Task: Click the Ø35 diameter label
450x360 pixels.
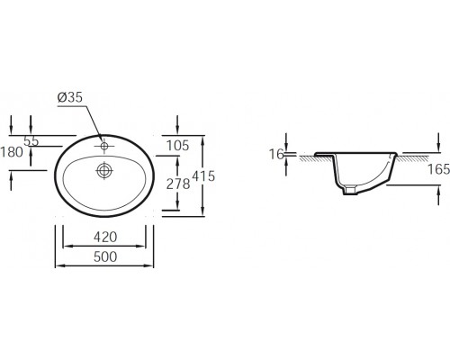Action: (69, 97)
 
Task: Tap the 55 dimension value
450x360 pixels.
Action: (31, 140)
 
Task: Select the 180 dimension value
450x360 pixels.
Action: (12, 152)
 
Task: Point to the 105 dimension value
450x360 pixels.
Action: (178, 146)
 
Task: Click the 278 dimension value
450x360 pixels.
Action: (178, 184)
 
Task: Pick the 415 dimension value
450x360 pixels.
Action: (203, 176)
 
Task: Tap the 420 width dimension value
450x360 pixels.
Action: (105, 238)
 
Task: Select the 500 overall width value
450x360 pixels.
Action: (105, 257)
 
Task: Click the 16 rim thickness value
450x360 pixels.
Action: (276, 154)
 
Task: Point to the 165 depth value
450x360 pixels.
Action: (438, 169)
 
